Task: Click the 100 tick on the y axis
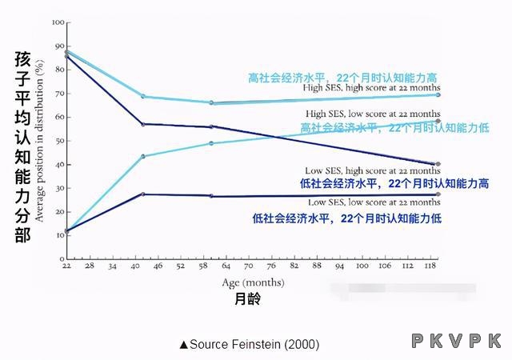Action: (58, 22)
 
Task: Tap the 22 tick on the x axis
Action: (67, 266)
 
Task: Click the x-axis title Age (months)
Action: (252, 282)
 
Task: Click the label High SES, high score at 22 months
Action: (372, 88)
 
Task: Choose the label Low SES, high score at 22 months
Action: (373, 171)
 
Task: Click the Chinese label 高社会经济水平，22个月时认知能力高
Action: (342, 78)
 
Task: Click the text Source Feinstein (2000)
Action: (249, 344)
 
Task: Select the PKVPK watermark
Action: (458, 342)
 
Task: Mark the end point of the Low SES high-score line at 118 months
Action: (438, 164)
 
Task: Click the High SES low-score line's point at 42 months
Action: (143, 156)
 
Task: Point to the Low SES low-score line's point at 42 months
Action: (143, 194)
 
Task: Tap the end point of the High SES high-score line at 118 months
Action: (438, 95)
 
